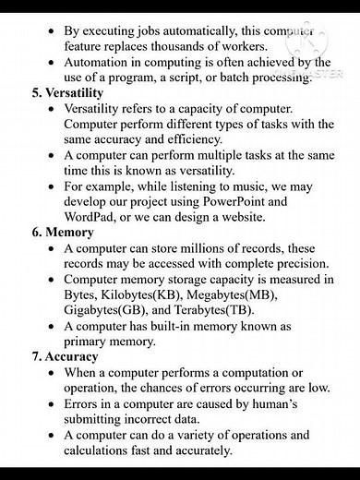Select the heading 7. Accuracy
[x=59, y=356]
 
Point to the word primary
[x=91, y=341]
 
